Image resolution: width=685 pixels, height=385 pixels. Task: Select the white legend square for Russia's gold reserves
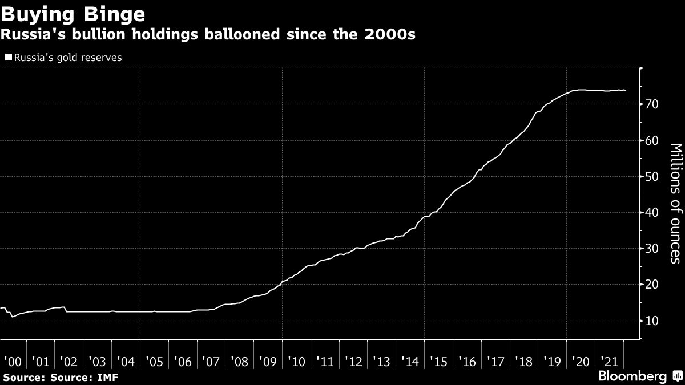tap(8, 58)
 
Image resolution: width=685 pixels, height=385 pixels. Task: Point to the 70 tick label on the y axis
tap(652, 104)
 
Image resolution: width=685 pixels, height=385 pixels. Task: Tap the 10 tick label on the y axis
tap(652, 321)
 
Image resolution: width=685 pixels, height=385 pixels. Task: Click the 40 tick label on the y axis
tap(652, 213)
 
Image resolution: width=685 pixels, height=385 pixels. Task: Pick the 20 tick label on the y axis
tap(652, 285)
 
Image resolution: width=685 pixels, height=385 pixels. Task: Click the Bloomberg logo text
tap(632, 376)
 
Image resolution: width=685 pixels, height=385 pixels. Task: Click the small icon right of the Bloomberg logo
tap(678, 376)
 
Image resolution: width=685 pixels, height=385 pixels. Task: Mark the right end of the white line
tap(626, 90)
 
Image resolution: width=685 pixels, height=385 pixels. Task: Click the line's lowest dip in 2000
tap(12, 317)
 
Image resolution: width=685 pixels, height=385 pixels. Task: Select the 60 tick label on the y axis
tap(652, 141)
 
